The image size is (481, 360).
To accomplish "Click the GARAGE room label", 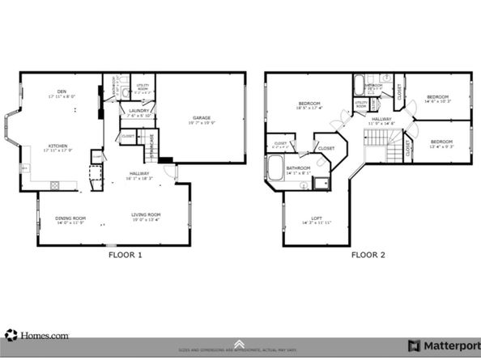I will click(x=202, y=118).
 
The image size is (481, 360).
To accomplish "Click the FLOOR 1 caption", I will click(x=125, y=254).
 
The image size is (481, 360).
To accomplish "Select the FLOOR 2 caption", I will click(x=368, y=254).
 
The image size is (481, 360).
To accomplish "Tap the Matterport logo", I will click(x=441, y=345).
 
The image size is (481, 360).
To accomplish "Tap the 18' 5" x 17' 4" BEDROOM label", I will click(x=310, y=104).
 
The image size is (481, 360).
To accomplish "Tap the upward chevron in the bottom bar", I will click(x=240, y=344).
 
